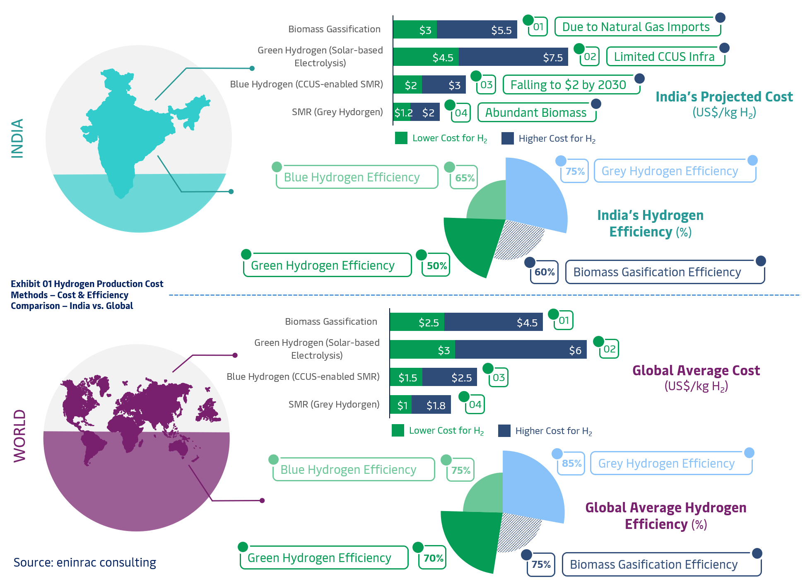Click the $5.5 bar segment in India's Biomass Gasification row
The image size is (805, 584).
(477, 29)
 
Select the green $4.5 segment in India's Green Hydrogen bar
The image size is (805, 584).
(426, 57)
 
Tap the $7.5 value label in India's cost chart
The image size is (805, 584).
(553, 58)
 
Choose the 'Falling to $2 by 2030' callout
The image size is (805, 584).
(571, 85)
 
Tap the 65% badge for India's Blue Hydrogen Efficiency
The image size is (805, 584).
(464, 178)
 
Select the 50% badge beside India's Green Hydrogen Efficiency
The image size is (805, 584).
(436, 265)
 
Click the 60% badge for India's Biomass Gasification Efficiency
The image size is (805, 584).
(544, 272)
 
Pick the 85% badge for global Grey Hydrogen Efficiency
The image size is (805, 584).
(571, 463)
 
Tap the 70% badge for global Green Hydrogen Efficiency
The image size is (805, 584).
(432, 558)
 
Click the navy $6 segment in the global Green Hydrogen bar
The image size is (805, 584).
(521, 349)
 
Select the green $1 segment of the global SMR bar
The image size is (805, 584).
(401, 405)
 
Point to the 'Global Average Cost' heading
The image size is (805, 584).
(696, 370)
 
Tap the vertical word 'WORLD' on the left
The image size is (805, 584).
(19, 436)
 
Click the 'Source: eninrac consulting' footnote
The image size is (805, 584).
(85, 562)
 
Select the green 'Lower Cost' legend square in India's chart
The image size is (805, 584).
(401, 138)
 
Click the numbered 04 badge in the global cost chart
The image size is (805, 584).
(475, 404)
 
